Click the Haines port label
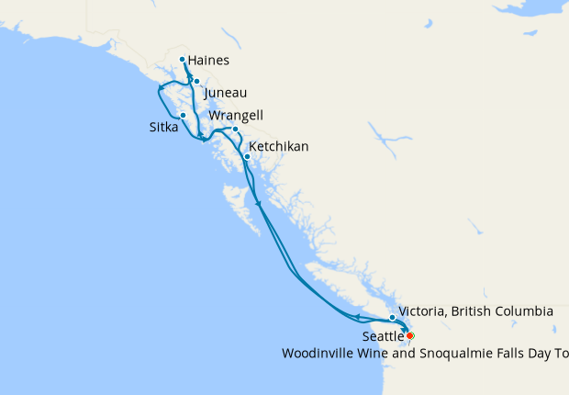208,62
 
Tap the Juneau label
225,93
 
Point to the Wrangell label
236,116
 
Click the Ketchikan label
278,147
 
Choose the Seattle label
382,337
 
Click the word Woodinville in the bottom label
319,353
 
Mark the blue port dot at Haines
183,60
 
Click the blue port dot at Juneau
196,82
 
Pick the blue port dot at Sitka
184,115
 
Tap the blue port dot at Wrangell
235,129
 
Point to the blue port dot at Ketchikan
247,156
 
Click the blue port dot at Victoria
392,318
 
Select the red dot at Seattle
410,335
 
